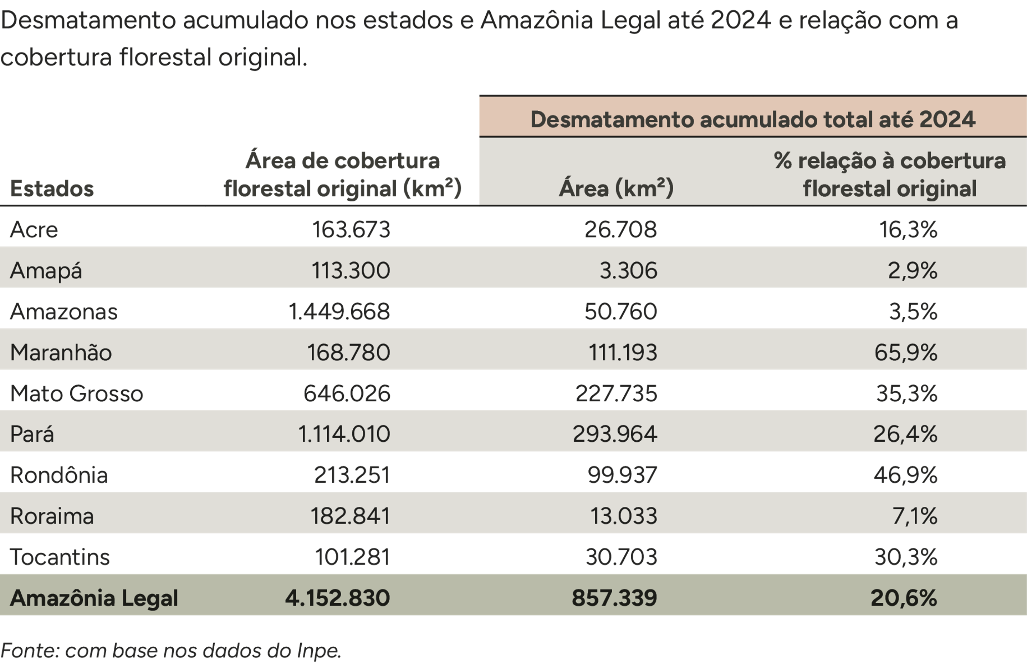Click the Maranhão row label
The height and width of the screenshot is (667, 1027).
pos(61,352)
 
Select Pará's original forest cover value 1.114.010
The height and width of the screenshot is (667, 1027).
pos(344,434)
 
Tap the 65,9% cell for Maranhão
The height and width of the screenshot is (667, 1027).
pos(905,352)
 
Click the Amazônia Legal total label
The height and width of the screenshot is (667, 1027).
pos(94,598)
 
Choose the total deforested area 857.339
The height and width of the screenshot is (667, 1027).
pos(614,598)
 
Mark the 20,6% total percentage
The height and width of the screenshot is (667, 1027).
pos(904,598)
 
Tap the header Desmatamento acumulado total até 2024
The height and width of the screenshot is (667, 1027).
pos(752,119)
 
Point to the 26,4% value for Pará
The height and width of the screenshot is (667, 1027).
pos(905,434)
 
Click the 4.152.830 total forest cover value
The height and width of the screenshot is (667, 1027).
pos(337,598)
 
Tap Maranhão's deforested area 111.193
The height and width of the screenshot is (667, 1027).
pos(623,352)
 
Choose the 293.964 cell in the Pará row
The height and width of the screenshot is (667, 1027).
pos(614,434)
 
